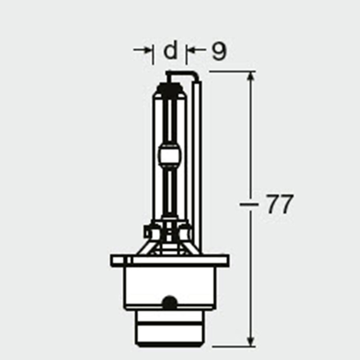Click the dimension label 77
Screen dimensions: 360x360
coord(279,204)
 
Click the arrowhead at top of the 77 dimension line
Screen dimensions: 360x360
coord(252,78)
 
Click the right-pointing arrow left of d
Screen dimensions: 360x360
coord(142,50)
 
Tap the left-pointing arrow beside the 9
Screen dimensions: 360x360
coord(196,50)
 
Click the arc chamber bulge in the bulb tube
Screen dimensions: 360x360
coord(170,155)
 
